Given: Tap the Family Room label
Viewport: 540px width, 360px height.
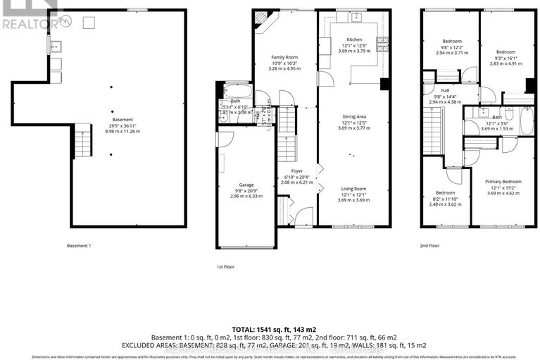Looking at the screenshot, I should coord(287,56).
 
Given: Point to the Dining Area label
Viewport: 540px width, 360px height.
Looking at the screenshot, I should coord(353,118).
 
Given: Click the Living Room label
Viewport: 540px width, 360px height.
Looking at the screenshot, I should coord(353,189).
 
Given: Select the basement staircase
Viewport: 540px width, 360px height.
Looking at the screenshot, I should coord(83,140).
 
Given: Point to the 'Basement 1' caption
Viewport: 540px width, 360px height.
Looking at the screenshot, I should coord(78,246).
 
